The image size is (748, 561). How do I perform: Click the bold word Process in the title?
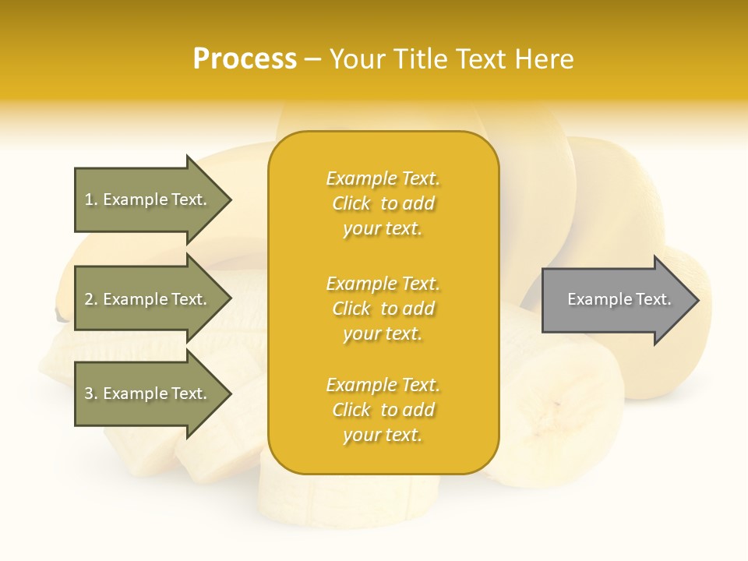245,59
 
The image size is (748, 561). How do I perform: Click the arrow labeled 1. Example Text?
148,199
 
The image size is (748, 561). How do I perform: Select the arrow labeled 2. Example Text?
148,299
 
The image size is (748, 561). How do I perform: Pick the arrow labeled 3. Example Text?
148,393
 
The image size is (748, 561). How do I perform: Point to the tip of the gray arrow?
697,300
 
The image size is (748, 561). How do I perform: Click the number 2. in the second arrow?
90,299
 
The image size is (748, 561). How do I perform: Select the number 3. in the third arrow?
90,393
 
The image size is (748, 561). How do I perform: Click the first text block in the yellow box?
383,203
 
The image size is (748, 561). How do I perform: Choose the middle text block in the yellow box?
383,309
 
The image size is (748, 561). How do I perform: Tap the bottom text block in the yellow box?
383,410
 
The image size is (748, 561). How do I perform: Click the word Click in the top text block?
351,203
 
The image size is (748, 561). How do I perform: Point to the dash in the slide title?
313,59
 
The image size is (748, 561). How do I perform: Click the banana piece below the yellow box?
351,499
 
